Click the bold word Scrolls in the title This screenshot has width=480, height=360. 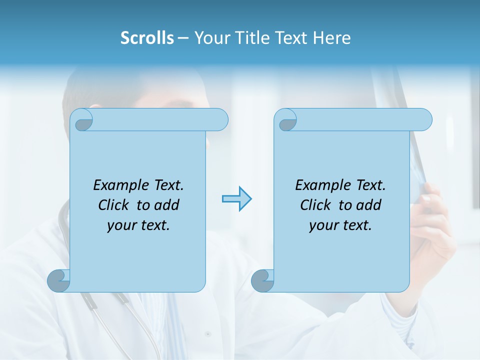tap(147, 37)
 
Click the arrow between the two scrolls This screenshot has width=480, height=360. tap(236, 199)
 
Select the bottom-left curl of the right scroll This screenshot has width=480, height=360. tap(262, 280)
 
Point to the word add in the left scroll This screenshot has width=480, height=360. tap(167, 205)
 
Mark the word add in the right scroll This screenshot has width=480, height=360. tap(369, 205)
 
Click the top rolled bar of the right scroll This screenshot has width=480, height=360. tap(362, 120)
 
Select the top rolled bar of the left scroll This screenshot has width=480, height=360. tap(160, 120)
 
